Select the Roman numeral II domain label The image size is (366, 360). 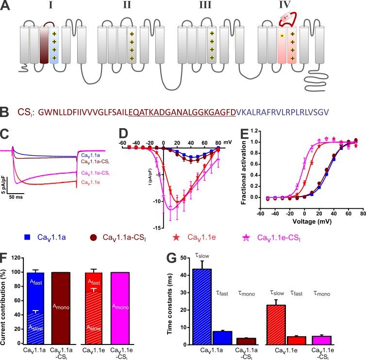click(127, 8)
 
